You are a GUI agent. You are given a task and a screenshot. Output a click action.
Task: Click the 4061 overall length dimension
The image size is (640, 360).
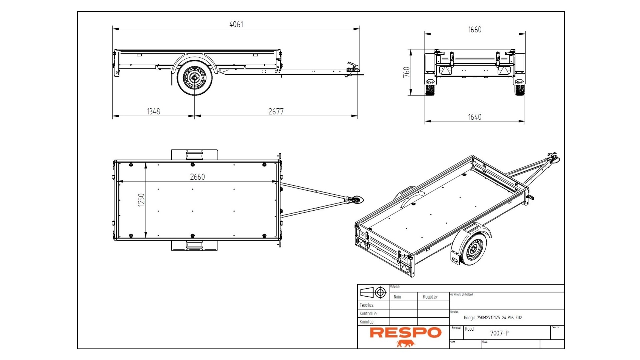click(x=236, y=24)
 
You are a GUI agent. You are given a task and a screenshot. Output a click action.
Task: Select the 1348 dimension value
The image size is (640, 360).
click(x=153, y=111)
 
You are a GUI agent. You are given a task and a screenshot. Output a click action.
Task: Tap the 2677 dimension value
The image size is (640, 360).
click(x=276, y=111)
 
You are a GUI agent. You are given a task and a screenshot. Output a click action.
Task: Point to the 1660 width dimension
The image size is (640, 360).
click(x=475, y=30)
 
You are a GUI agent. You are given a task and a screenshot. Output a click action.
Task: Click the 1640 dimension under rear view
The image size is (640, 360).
click(x=475, y=117)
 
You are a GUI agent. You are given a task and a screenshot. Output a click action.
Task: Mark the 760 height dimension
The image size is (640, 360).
click(x=406, y=72)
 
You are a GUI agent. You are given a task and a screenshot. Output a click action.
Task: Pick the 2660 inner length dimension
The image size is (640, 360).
click(x=197, y=177)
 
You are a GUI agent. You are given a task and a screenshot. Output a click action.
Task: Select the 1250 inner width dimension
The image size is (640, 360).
click(x=141, y=200)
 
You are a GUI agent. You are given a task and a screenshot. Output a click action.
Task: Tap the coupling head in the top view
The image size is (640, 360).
click(x=357, y=200)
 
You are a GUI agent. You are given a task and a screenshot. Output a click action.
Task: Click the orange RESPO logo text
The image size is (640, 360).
click(x=406, y=333)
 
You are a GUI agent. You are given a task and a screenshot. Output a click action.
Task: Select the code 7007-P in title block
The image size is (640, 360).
click(x=499, y=333)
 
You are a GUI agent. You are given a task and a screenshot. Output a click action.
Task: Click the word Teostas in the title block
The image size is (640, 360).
click(x=367, y=305)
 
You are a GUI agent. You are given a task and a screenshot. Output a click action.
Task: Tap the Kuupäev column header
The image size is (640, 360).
click(x=430, y=297)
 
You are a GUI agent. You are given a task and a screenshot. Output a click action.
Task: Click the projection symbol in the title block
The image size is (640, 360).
click(x=373, y=293)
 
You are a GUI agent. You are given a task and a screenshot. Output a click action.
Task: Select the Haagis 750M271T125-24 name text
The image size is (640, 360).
click(x=493, y=318)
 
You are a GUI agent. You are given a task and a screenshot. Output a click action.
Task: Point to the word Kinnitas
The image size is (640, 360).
click(x=367, y=322)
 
